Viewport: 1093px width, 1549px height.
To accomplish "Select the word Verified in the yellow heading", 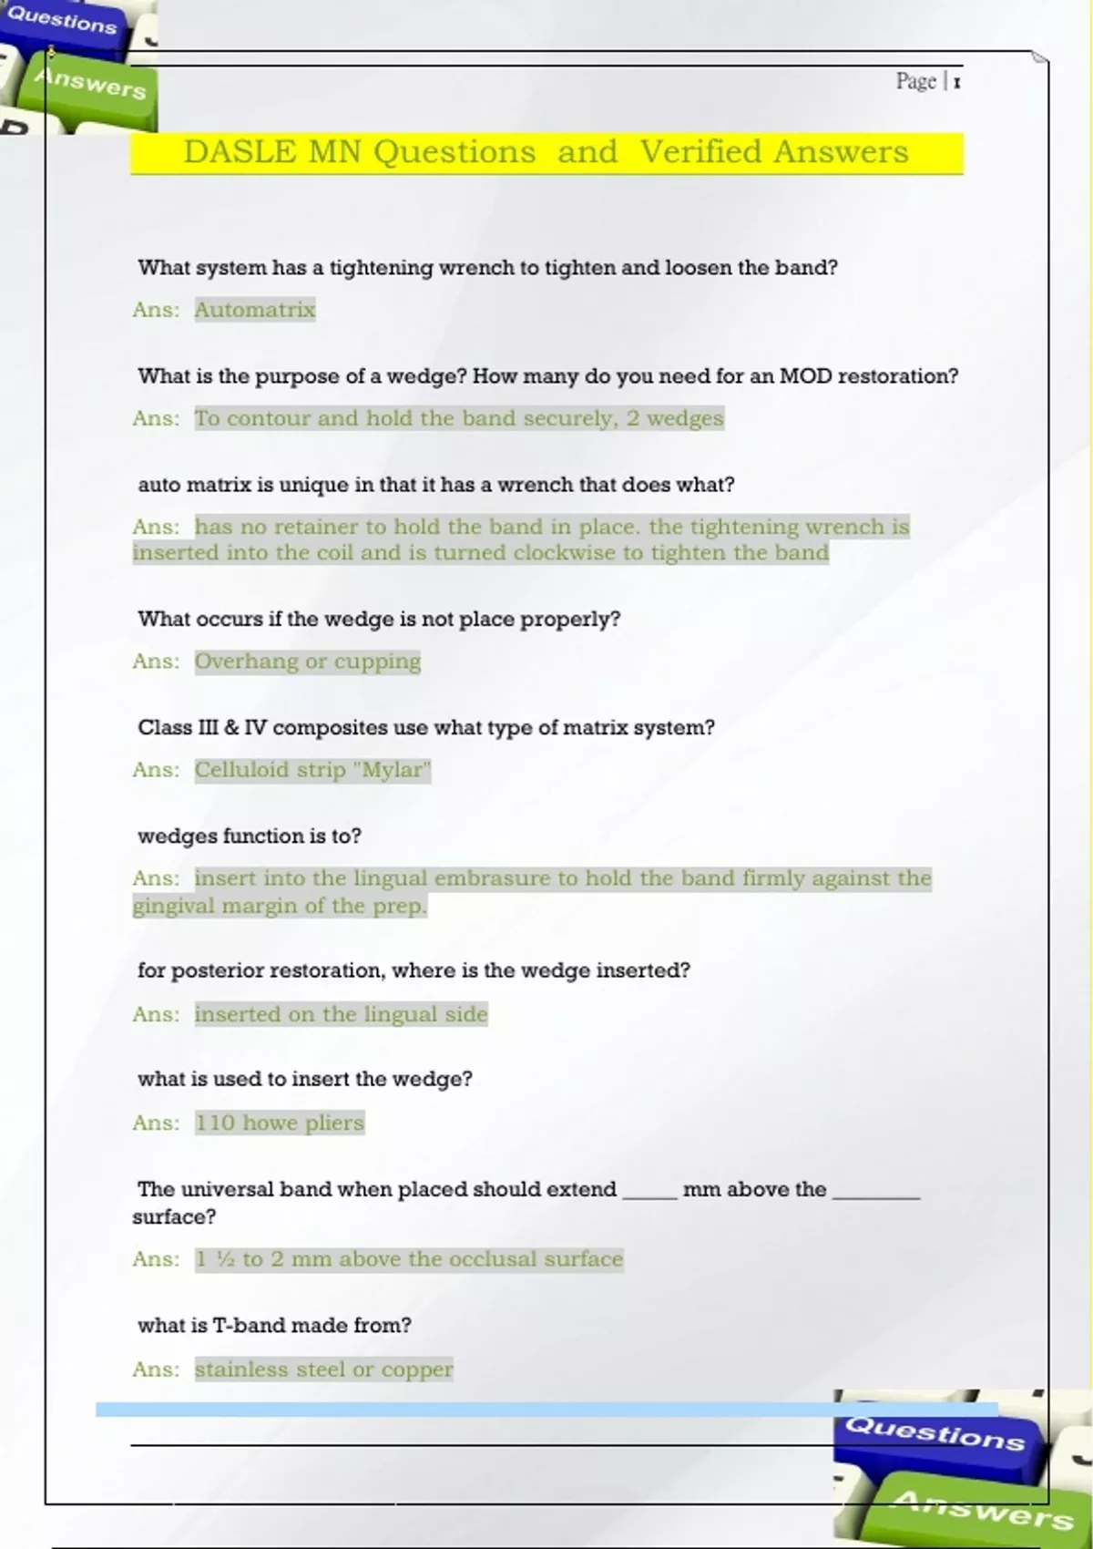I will click(700, 151).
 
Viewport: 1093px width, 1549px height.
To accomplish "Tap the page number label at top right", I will click(928, 82).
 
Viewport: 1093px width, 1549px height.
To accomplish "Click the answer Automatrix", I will click(255, 310).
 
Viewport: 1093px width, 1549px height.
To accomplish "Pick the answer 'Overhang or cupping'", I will click(308, 662).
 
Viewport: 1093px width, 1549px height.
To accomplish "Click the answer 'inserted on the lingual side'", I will click(342, 1014).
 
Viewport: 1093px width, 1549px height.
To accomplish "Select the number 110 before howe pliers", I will click(215, 1123).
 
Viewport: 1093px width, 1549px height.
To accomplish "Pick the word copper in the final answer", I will click(416, 1369).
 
